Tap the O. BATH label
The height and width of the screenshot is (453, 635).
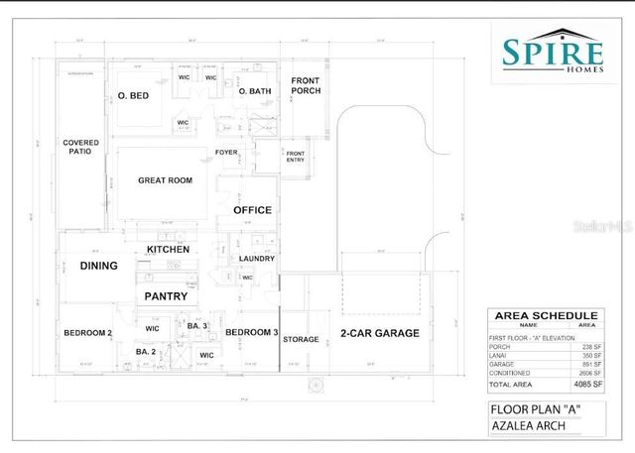[x=255, y=91]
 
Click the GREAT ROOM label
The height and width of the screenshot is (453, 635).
[x=165, y=180]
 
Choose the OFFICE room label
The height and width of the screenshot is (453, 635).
[x=252, y=210]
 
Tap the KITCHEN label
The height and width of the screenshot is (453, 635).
[x=168, y=249]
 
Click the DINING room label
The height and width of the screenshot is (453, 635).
[x=98, y=266]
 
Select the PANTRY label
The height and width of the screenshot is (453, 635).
[x=166, y=296]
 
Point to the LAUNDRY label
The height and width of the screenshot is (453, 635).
[x=257, y=259]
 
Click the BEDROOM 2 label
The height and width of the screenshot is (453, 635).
[x=87, y=333]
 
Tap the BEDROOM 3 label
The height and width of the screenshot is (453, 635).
[x=252, y=332]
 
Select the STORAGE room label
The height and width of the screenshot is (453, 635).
[x=301, y=340]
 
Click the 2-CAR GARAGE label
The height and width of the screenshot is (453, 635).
[x=380, y=333]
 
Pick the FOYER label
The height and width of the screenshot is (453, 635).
[x=227, y=152]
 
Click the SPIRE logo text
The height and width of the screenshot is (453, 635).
[x=553, y=53]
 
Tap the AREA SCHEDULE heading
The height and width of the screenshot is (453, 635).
[x=545, y=315]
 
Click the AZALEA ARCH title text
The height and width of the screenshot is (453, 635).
[x=530, y=425]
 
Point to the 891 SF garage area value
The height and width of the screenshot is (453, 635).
[x=587, y=363]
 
